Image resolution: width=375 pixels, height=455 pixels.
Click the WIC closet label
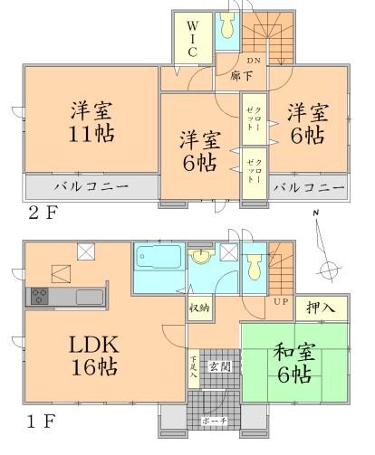tap(193, 41)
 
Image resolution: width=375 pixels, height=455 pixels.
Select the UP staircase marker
tap(281, 301)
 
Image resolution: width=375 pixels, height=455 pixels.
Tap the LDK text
tap(80, 344)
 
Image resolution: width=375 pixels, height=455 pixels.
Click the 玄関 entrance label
tap(218, 366)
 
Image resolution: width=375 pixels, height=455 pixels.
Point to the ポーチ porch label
tap(214, 422)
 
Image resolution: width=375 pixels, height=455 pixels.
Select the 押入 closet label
tap(322, 308)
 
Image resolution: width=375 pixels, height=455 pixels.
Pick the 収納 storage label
tap(200, 308)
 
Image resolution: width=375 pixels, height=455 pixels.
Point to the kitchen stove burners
tap(40, 295)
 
